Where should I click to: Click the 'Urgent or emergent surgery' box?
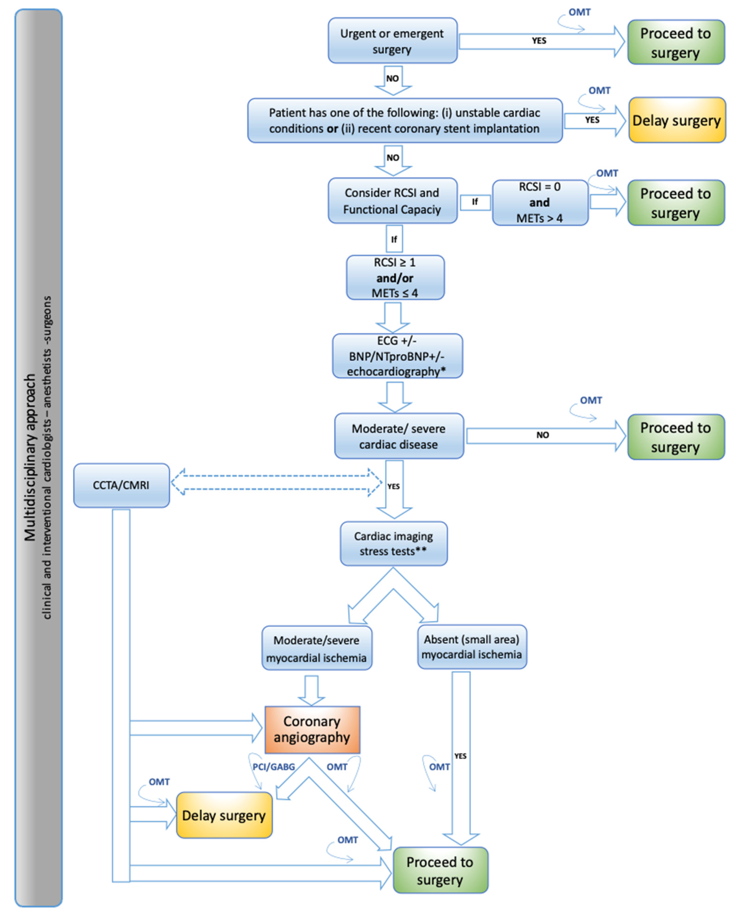click(392, 41)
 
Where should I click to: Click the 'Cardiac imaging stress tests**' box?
click(393, 543)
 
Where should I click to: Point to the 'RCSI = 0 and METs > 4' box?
click(540, 202)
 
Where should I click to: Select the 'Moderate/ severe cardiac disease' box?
click(398, 436)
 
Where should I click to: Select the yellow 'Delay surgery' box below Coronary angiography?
click(224, 815)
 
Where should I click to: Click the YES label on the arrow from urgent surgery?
click(539, 41)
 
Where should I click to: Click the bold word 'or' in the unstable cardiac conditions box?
click(332, 129)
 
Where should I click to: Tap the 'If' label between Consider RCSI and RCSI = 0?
click(475, 202)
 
